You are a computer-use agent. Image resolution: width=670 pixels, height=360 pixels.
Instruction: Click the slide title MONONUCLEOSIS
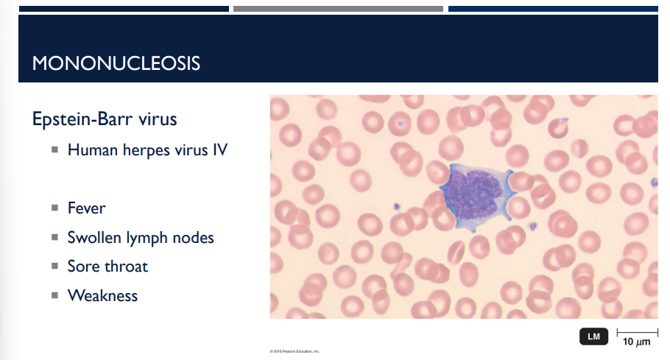(116, 63)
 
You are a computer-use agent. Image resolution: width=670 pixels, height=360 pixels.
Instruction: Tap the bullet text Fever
(86, 208)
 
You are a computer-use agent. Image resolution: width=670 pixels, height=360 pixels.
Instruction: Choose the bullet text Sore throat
(107, 267)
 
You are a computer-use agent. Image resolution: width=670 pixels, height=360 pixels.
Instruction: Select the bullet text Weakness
(102, 296)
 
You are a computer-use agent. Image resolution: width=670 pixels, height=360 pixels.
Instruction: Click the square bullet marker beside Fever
(54, 209)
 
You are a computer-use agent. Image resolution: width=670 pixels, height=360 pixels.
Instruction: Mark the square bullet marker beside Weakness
(54, 297)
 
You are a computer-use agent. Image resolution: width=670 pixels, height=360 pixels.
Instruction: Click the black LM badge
(593, 337)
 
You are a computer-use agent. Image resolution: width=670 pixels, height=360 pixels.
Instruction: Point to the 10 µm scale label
(636, 343)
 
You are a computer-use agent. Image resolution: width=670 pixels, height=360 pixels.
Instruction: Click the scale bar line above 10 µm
(636, 332)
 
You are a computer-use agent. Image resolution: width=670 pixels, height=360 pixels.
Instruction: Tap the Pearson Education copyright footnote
(296, 351)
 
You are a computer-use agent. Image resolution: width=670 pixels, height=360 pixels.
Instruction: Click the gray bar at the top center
(338, 9)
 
